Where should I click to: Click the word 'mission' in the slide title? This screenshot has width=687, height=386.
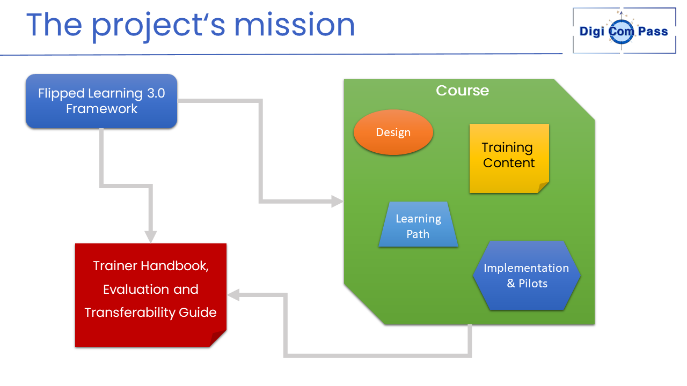pos(295,25)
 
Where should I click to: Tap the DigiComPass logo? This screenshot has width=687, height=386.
pos(624,31)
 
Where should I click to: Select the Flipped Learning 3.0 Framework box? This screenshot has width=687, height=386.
pos(101,101)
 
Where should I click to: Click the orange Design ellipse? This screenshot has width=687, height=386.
pos(393,132)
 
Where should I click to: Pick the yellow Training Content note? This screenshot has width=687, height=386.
pos(509,158)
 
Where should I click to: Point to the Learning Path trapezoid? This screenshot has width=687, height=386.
pos(418,224)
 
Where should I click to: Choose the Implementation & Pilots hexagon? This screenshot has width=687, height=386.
pos(527,276)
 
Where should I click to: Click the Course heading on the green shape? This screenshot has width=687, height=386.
pos(463,91)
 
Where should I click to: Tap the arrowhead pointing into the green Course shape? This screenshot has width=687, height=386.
pos(338,201)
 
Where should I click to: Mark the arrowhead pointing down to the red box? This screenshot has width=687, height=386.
pos(151,237)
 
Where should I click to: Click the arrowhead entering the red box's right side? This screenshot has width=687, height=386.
pos(233,295)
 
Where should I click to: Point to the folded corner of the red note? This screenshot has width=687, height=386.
pos(218,338)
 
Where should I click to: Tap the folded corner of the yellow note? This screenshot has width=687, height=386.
pos(543,188)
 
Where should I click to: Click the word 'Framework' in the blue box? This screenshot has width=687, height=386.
pos(101,109)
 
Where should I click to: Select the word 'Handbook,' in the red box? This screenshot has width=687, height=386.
pos(174,266)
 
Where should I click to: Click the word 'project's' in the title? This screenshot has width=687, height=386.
pos(158,26)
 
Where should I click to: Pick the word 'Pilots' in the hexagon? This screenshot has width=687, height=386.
pos(533,284)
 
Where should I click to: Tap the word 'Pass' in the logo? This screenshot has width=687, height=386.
pos(653,31)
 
